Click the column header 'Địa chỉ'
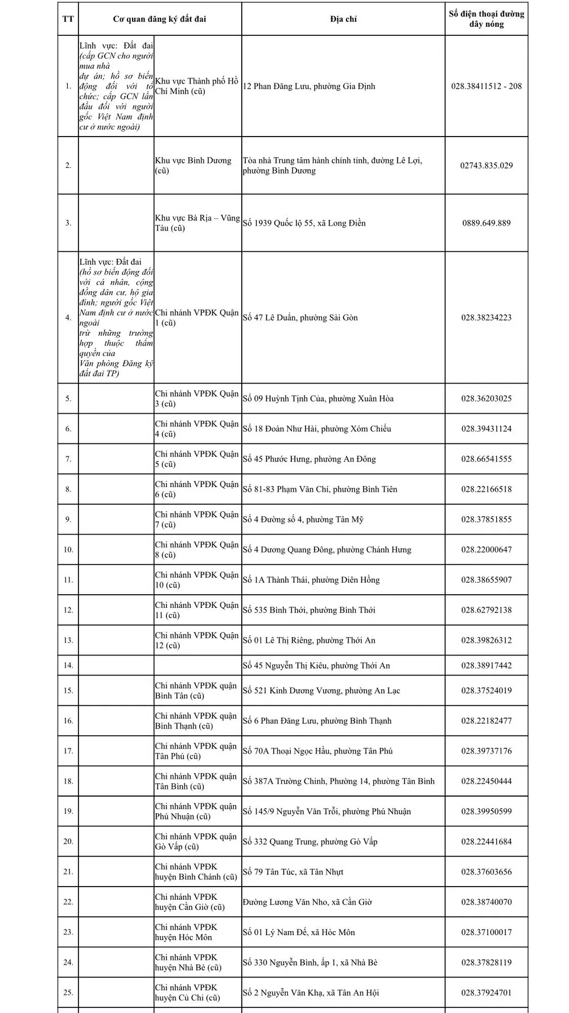point(343,19)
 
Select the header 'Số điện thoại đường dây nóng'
point(486,19)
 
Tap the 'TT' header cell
point(68,19)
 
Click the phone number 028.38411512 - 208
point(486,87)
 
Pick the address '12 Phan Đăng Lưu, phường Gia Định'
point(309,87)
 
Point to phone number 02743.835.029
point(486,166)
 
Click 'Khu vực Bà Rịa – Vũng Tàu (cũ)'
point(197,223)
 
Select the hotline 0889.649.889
point(486,223)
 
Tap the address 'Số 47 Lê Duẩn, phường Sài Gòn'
point(300,318)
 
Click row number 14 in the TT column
point(68,665)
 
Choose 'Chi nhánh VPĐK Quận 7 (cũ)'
point(197,520)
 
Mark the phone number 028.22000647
point(486,550)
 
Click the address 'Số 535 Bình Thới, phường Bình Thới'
point(309,610)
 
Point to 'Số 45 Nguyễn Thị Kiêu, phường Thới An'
point(316,665)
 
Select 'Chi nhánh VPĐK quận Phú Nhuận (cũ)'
point(196,812)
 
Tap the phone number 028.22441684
point(486,842)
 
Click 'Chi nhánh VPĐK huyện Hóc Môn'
point(186,932)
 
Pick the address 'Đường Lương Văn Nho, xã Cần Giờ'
point(307,902)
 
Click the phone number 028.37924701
point(486,993)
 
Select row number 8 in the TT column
point(68,489)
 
